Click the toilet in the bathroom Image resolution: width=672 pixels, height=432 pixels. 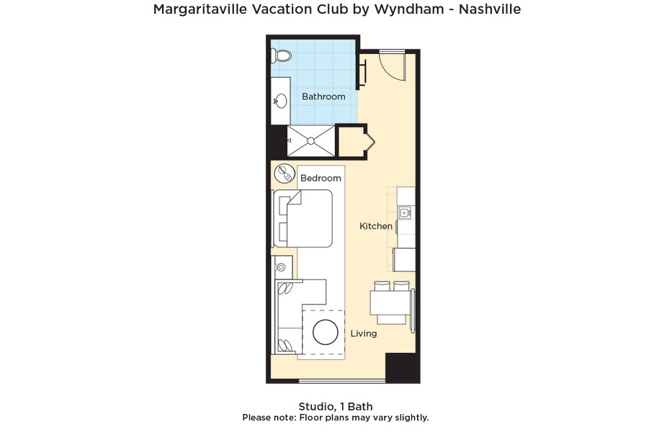click(x=282, y=55)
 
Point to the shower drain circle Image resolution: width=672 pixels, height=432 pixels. click(x=310, y=140)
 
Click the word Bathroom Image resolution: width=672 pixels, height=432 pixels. click(x=323, y=96)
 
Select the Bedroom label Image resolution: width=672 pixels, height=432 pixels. click(x=321, y=178)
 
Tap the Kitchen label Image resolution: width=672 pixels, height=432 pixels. click(x=376, y=226)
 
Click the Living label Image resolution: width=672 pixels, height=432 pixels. click(x=364, y=333)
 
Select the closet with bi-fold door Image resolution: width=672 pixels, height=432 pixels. click(x=354, y=141)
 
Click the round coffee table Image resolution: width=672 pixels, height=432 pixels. click(x=326, y=332)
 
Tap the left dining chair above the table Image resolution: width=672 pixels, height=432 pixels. click(x=382, y=286)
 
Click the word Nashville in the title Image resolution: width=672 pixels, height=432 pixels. click(x=484, y=9)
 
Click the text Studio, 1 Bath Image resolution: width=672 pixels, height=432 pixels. click(x=336, y=406)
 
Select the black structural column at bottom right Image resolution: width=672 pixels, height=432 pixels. click(x=402, y=368)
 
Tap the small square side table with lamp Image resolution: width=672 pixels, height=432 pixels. click(x=282, y=267)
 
